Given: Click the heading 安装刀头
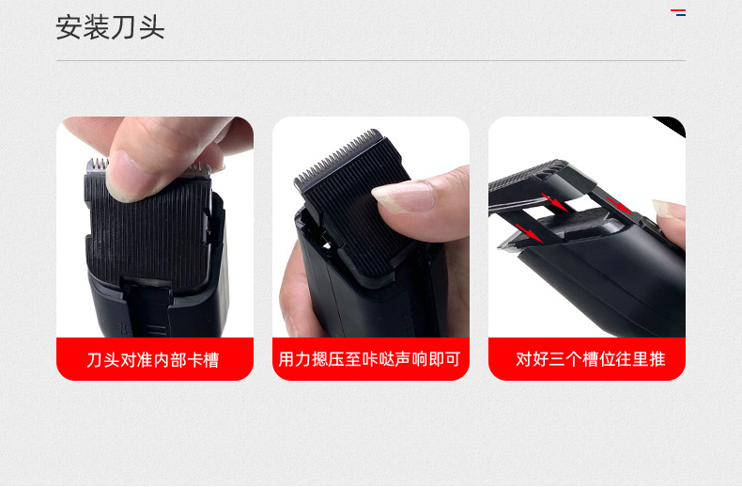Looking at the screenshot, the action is click(110, 27).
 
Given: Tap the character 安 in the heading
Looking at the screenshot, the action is click(70, 27).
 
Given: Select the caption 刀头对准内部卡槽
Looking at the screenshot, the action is click(153, 360).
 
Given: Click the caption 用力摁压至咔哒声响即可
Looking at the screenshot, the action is click(369, 359).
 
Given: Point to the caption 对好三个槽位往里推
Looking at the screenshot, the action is click(591, 359).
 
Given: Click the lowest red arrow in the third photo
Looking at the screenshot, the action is click(529, 232).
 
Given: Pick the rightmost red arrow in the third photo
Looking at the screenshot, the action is click(619, 206).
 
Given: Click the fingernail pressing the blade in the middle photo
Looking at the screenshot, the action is click(403, 197).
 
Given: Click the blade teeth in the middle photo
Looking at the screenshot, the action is click(338, 155).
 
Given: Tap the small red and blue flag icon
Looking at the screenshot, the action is click(678, 13).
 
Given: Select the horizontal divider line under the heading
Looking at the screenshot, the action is click(371, 60).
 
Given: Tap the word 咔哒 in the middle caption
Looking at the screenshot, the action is click(379, 359).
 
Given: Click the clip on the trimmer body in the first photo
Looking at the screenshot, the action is click(146, 307).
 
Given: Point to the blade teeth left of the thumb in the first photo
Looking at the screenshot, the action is click(97, 165).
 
